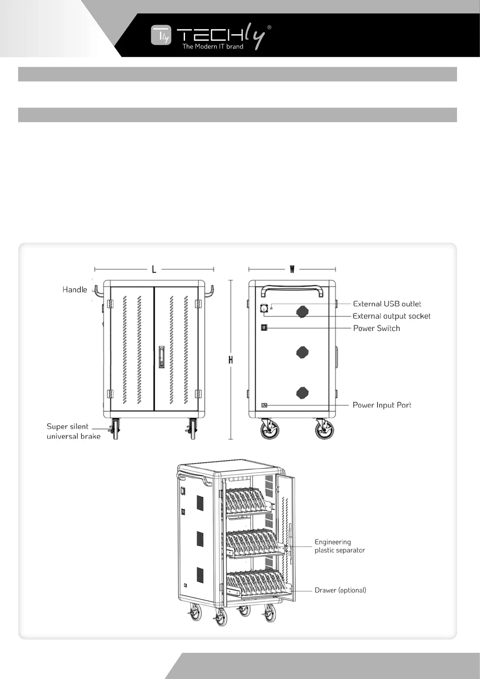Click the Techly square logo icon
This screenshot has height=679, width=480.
[x=161, y=35]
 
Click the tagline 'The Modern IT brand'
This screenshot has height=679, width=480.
[x=213, y=46]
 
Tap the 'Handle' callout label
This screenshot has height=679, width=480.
[x=75, y=290]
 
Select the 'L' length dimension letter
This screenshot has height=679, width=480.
[x=154, y=269]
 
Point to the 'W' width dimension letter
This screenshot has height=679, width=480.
[x=292, y=269]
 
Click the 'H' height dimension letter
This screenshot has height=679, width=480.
[x=231, y=360]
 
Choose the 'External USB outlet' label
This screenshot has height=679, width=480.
[x=387, y=304]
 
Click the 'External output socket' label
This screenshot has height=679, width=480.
[x=391, y=316]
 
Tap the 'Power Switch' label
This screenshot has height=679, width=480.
[x=376, y=328]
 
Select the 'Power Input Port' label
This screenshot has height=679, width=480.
[x=382, y=405]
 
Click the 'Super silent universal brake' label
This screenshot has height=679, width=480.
[x=73, y=431]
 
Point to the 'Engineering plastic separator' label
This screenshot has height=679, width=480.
[x=339, y=546]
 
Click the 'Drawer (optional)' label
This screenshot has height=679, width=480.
[x=340, y=590]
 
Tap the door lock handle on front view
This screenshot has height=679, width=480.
[x=162, y=356]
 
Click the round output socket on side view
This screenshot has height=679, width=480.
[x=264, y=308]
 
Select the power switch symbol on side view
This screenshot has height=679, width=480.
[x=264, y=327]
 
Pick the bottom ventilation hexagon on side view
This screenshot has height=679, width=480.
[x=302, y=392]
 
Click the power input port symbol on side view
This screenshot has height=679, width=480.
[x=264, y=405]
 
